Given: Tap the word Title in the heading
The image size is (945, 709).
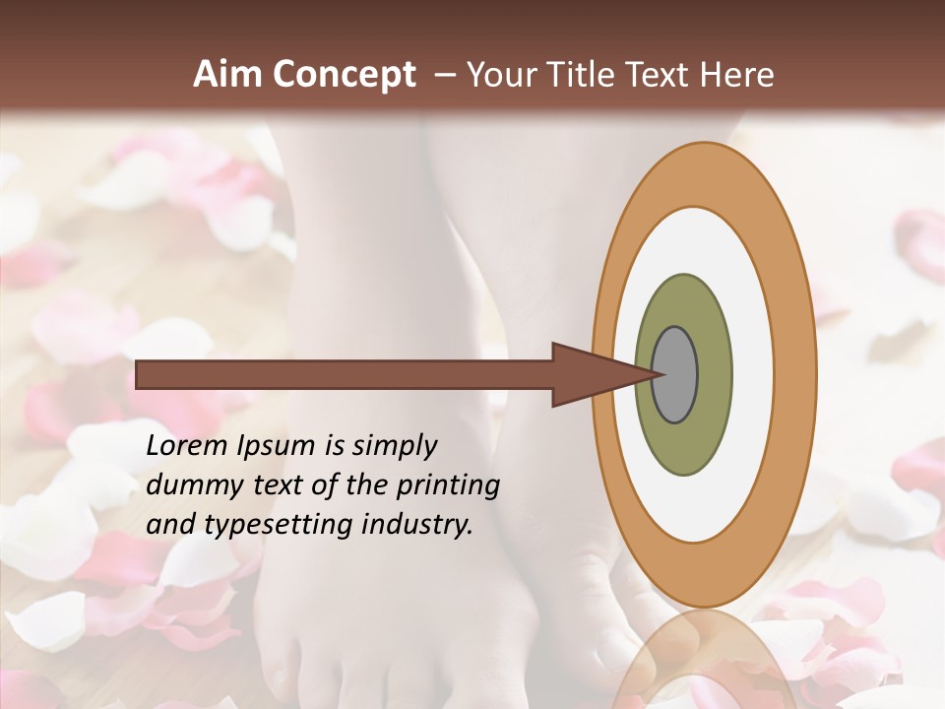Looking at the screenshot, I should point(583,75).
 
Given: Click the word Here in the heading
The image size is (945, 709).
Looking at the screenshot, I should point(737,75).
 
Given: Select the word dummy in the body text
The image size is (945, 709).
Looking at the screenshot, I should point(191,485).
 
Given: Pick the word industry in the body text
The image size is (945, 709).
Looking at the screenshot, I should point(414,525).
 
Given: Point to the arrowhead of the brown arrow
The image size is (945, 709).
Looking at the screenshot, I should point(591,375).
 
